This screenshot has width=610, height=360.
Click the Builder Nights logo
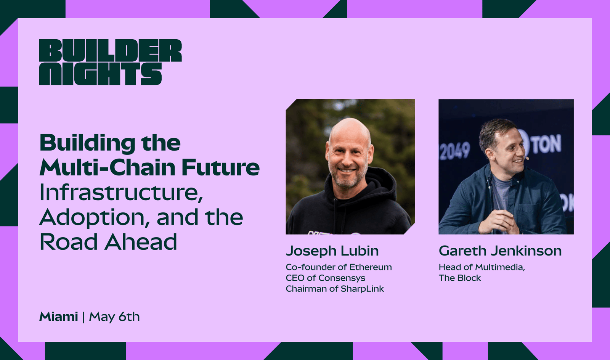click(x=110, y=62)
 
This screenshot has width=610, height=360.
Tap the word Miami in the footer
click(x=59, y=317)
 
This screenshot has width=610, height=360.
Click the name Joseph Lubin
click(x=332, y=251)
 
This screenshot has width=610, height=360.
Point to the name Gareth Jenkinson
click(x=500, y=251)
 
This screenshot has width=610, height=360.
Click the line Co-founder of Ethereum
click(x=339, y=267)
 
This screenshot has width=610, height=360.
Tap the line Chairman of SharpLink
click(x=335, y=289)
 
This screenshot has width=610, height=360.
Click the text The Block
click(x=460, y=278)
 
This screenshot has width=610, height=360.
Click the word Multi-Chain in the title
click(x=108, y=167)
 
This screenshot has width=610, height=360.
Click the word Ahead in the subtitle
click(x=141, y=242)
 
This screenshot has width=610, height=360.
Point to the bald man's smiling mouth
click(x=347, y=171)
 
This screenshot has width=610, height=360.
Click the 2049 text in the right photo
click(x=455, y=150)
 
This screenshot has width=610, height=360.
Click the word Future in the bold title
click(x=220, y=167)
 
